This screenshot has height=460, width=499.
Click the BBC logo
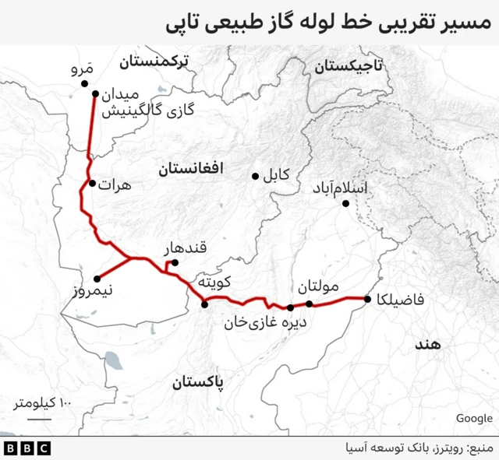[27, 448]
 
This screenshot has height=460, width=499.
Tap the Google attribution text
[474, 419]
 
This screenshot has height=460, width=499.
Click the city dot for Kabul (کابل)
[255, 176]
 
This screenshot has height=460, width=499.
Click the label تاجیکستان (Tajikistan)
[349, 67]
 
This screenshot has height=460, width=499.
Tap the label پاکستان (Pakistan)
[196, 383]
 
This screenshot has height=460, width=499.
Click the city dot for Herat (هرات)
[92, 184]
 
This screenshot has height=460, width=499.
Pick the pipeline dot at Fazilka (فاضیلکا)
[366, 299]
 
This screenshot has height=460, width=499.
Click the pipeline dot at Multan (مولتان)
[310, 304]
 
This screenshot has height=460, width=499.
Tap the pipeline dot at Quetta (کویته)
[204, 304]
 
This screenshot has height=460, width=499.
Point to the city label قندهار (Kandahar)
[185, 249]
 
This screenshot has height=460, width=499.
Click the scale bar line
[39, 419]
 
